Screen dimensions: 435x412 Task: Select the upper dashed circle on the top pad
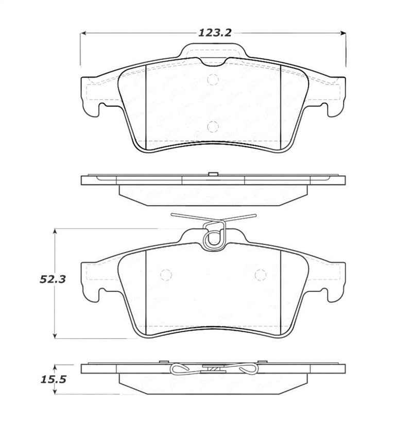pyautogui.click(x=213, y=80)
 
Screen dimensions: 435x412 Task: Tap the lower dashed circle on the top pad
pyautogui.click(x=213, y=126)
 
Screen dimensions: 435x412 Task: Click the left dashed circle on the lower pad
pyautogui.click(x=166, y=275)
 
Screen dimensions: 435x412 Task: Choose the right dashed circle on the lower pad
pyautogui.click(x=260, y=275)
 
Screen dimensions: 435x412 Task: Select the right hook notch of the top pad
pyautogui.click(x=325, y=107)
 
